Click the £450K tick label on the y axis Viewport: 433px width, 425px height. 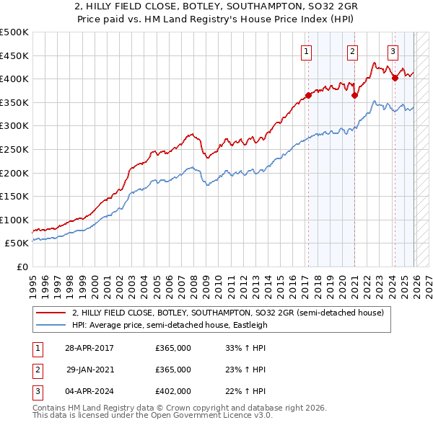tap(14, 55)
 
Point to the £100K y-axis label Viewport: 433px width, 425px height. tap(14, 220)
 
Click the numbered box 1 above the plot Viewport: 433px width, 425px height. tap(307, 51)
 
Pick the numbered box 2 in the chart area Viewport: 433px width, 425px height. tap(352, 51)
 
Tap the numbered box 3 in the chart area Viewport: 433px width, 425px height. tap(393, 51)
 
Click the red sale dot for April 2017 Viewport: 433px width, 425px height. tap(308, 95)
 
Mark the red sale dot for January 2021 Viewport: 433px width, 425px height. tap(354, 95)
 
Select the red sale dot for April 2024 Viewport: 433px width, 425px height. tap(395, 78)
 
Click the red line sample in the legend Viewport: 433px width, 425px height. tap(51, 313)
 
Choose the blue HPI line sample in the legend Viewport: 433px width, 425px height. tap(51, 325)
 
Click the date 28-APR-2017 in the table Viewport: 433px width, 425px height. tap(89, 348)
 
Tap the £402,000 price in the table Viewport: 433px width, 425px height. tap(173, 391)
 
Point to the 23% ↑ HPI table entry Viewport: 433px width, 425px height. tap(246, 370)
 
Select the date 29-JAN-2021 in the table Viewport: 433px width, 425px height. tap(89, 370)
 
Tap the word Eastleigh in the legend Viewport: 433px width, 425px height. tap(248, 325)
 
